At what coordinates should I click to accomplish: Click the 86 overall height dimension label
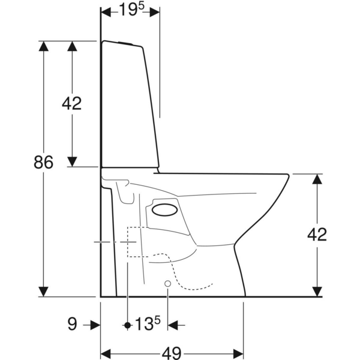[x=43, y=162]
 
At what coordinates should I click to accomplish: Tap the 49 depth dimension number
[x=172, y=352]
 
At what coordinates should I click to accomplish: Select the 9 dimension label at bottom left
[x=73, y=324]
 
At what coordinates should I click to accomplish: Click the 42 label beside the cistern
[x=72, y=103]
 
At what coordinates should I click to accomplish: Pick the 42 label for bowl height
[x=317, y=235]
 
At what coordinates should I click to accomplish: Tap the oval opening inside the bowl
[x=164, y=209]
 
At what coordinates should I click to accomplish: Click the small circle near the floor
[x=168, y=284]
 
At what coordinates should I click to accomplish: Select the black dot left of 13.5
[x=127, y=325]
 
